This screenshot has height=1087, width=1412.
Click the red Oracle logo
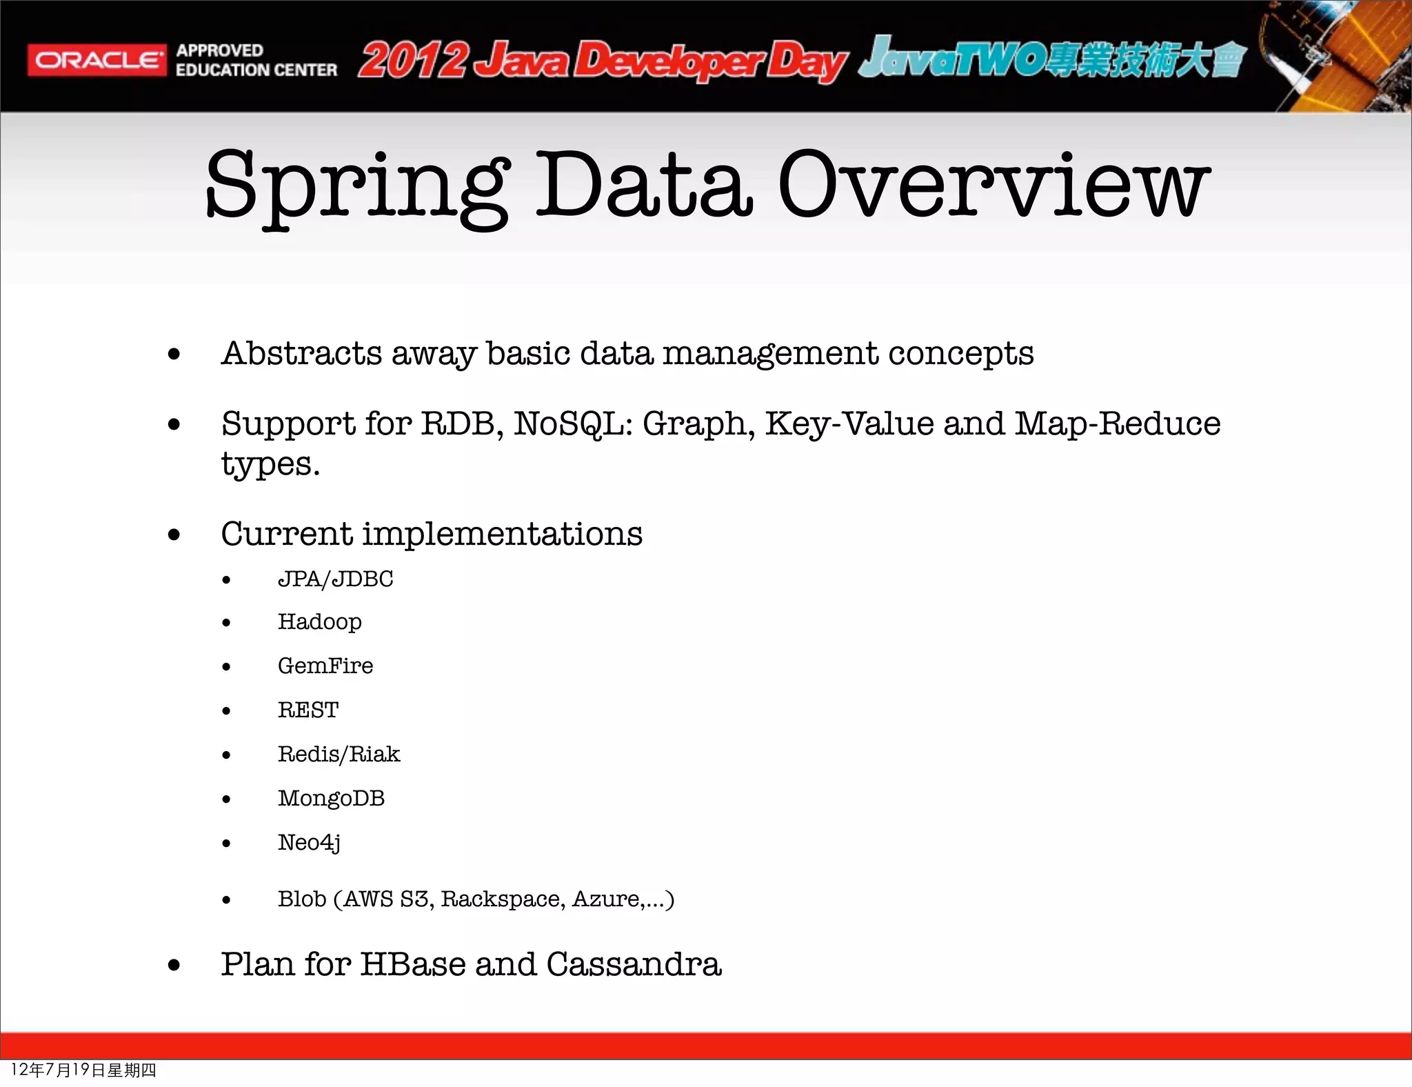(x=97, y=61)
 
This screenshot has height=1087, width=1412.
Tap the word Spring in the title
(x=357, y=185)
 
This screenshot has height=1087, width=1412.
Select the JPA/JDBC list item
(x=335, y=579)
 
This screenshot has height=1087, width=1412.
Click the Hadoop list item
(x=319, y=622)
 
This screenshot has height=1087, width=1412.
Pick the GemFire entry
(x=325, y=666)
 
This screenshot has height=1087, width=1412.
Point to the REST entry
(x=308, y=710)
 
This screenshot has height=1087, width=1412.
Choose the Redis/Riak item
(x=339, y=754)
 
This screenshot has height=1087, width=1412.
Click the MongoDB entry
(x=331, y=798)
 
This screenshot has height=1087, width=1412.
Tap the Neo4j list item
(x=309, y=842)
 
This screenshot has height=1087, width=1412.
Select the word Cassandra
(x=634, y=964)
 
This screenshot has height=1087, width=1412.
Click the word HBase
(x=412, y=964)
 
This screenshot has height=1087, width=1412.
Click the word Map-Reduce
(x=1117, y=423)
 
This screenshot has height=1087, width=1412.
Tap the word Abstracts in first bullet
(x=301, y=353)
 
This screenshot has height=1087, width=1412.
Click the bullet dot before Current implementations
(x=174, y=535)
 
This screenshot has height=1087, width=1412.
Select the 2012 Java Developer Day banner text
(x=601, y=61)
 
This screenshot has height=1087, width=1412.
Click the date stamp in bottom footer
(x=83, y=1070)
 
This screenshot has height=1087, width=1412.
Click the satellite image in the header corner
(x=1338, y=55)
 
